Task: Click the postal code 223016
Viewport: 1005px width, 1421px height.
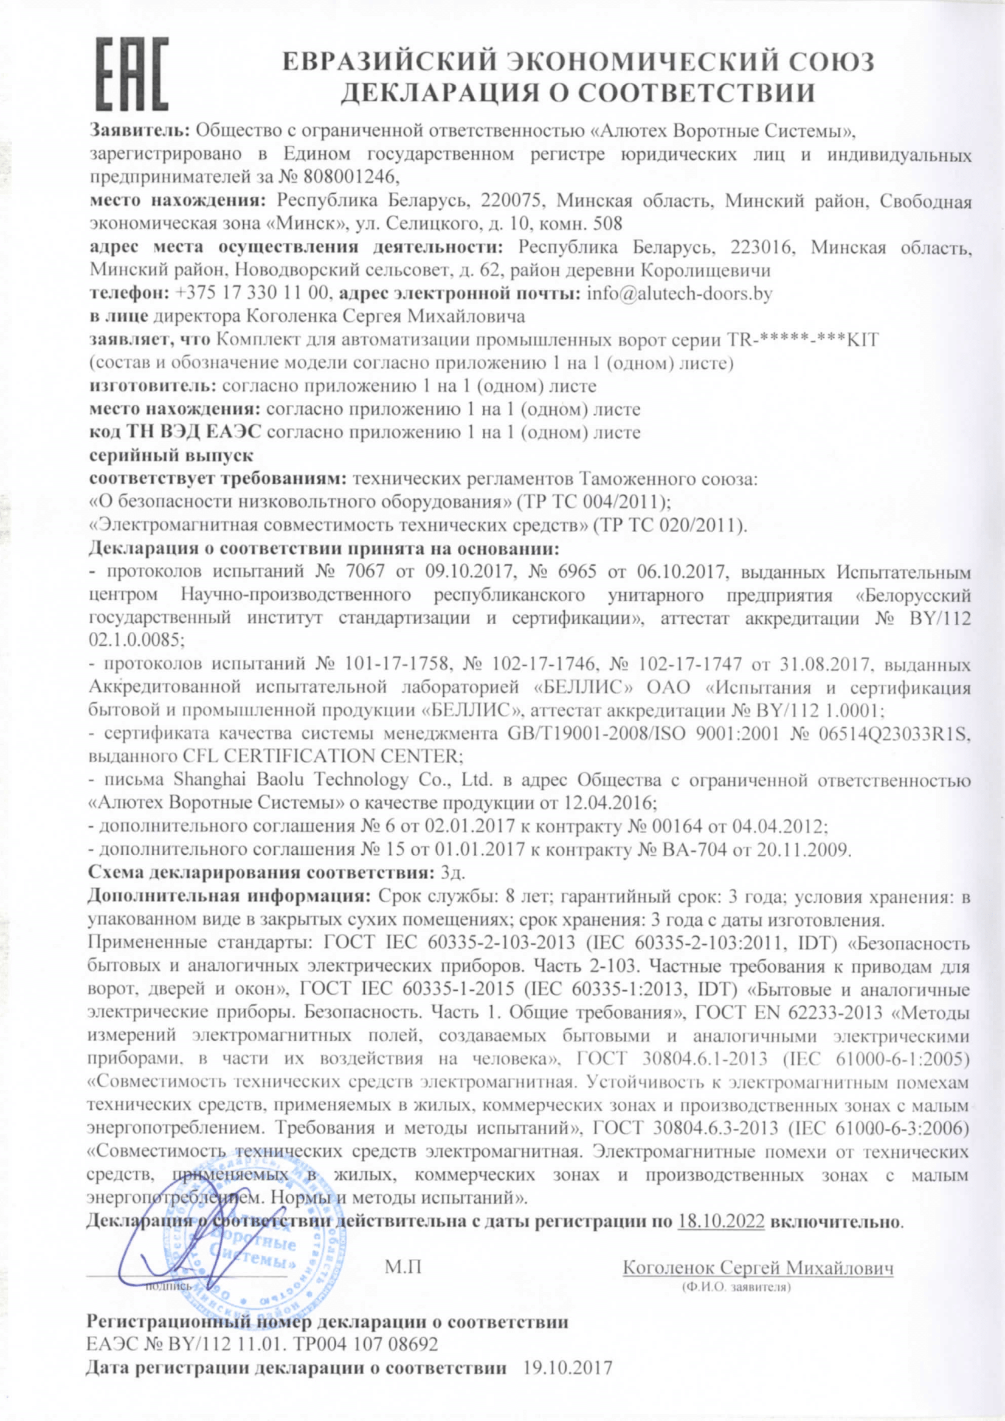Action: (x=763, y=247)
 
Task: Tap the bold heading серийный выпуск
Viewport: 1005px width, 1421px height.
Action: (x=171, y=456)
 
